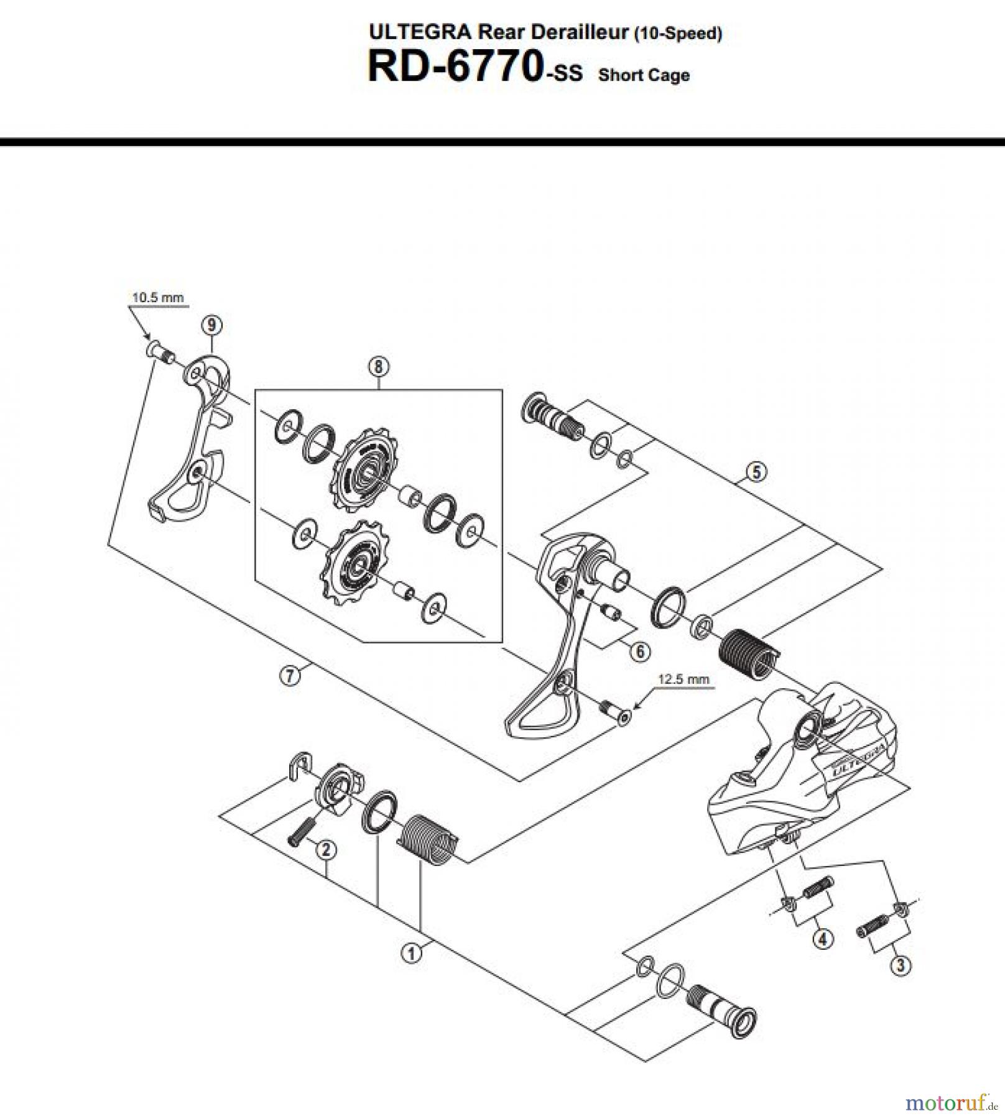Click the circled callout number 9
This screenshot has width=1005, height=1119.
212,325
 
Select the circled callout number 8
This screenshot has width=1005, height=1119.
379,366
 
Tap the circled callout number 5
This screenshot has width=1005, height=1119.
756,472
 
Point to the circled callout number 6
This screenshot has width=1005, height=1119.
640,651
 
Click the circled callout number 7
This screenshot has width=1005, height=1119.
290,675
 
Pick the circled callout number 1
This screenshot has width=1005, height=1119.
411,952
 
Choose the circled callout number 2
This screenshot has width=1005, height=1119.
326,849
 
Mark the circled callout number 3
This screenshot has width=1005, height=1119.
900,965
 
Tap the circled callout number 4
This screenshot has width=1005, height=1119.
823,938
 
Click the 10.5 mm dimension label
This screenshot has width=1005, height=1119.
157,297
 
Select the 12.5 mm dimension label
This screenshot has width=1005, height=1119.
683,679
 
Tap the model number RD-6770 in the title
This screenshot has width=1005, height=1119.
455,67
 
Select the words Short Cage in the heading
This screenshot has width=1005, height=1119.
644,75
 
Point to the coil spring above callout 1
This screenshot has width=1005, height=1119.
427,839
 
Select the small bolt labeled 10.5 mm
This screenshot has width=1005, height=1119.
160,353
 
